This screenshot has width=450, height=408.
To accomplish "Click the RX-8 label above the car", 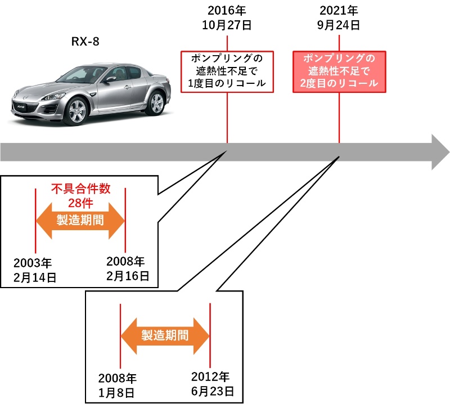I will pos(85,42).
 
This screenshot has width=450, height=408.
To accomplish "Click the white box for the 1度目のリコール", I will pos(227,71).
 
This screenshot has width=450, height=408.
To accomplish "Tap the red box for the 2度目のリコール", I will pos(339,71).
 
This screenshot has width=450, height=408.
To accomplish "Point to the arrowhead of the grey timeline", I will pos(439,152).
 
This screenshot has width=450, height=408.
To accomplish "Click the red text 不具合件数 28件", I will pos(79,196).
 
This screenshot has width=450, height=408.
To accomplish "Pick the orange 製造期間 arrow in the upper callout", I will pos(80,221).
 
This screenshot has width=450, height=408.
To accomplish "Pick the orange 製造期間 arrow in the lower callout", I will pos(165,335).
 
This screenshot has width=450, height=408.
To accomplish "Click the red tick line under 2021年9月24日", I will pos(339,118).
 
